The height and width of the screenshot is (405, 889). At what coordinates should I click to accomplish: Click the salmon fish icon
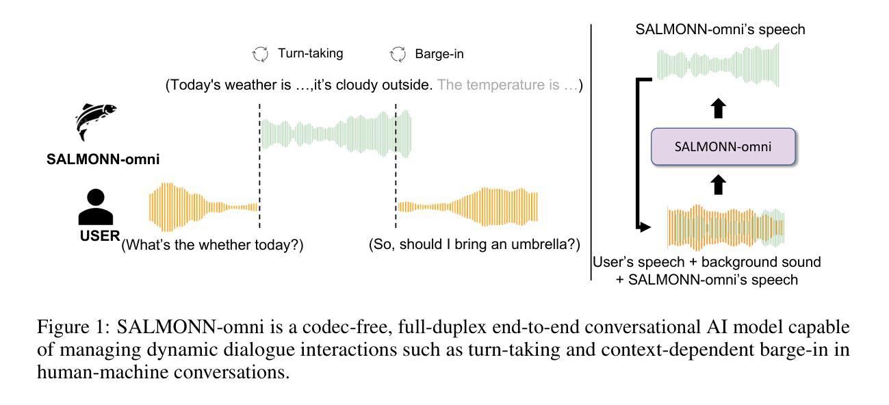pos(94,120)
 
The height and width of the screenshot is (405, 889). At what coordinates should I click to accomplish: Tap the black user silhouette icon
pos(96,207)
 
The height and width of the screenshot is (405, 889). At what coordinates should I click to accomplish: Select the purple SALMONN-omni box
pos(723,147)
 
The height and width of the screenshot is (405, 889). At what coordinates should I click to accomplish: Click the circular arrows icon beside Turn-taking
pos(260,54)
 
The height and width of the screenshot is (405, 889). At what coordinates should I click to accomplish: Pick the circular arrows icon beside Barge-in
pos(398,54)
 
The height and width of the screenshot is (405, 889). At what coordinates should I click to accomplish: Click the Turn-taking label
pos(310,53)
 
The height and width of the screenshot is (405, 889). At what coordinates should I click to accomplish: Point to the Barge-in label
pos(439,54)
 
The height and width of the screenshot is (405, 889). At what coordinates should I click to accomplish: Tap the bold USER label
pos(100,236)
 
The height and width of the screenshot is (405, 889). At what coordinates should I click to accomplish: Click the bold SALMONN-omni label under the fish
pos(103,159)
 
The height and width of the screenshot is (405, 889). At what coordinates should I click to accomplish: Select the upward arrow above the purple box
pos(718,108)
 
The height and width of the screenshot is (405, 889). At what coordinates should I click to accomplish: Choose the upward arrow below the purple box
pos(718,185)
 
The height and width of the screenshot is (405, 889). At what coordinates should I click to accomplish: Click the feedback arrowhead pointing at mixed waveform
pos(645,227)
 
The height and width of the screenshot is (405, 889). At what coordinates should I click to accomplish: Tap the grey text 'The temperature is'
pos(498,85)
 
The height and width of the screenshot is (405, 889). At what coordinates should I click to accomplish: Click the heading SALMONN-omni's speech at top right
pos(721,29)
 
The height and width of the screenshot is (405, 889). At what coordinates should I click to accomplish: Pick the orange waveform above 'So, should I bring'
pos(468,207)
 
